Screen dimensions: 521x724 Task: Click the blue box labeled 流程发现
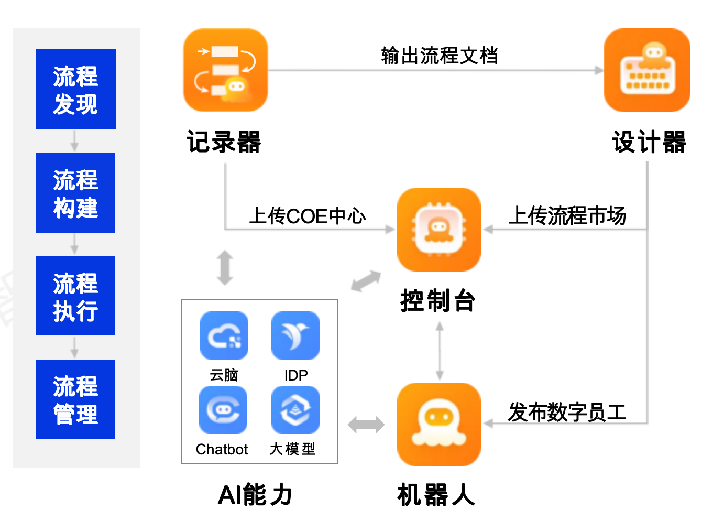75,89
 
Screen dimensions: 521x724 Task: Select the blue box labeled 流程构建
75,193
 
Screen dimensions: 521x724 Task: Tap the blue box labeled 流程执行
75,296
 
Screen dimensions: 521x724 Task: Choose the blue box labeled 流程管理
75,399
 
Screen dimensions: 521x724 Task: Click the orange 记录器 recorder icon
225,70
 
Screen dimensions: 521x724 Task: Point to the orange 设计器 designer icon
647,70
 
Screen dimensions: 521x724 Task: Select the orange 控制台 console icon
439,230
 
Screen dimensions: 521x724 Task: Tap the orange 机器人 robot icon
439,424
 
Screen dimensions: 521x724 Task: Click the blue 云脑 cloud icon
224,335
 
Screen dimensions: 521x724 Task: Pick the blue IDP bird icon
295,335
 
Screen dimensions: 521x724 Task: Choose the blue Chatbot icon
223,410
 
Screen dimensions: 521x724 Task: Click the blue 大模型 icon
295,410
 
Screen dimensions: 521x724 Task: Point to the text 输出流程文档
439,56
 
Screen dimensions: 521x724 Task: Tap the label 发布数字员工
567,412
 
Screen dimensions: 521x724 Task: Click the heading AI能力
255,495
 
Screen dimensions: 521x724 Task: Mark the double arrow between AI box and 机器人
366,425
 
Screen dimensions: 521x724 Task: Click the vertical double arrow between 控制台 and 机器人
440,351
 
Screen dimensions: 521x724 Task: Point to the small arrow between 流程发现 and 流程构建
75,141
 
